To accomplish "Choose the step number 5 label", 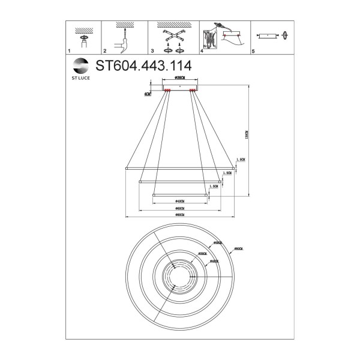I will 254,53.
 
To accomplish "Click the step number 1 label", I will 69,53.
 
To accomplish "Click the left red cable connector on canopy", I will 167,91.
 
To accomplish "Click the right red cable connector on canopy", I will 193,91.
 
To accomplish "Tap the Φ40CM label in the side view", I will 179,200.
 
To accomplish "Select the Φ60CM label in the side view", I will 179,208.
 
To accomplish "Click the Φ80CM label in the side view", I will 179,215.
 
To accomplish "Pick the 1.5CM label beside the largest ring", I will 241,160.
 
